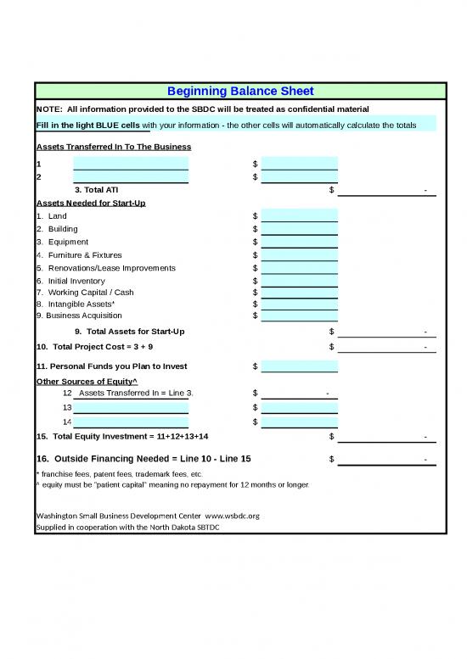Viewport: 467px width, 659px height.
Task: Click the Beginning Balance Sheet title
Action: click(x=240, y=91)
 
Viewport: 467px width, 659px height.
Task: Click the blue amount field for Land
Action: click(x=299, y=215)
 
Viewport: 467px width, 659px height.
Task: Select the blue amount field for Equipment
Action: click(x=299, y=242)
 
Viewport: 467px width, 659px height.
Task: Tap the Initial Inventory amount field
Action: click(x=299, y=281)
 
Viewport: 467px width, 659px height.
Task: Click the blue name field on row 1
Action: click(x=131, y=164)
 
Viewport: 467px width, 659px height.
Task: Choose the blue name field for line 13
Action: click(x=131, y=407)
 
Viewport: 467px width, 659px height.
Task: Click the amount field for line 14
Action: click(x=299, y=422)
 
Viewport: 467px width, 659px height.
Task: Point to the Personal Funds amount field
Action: click(x=299, y=366)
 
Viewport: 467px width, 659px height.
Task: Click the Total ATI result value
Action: click(x=387, y=190)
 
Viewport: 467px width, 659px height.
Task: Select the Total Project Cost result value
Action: click(x=387, y=347)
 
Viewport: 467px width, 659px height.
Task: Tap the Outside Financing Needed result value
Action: click(x=387, y=460)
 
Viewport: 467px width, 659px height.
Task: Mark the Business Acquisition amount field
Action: click(x=299, y=316)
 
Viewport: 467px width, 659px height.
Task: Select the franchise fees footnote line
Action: click(x=119, y=473)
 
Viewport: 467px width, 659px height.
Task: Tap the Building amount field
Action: click(x=299, y=229)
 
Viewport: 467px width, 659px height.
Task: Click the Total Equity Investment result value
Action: click(x=387, y=437)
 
